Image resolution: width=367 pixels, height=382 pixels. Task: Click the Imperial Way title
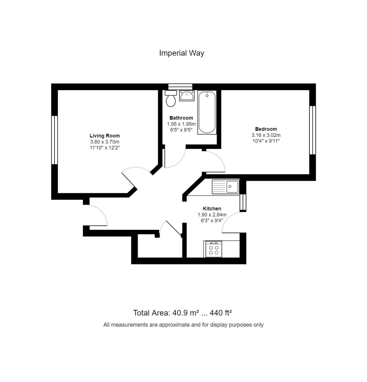click(x=182, y=53)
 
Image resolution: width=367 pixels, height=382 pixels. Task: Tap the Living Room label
click(x=105, y=136)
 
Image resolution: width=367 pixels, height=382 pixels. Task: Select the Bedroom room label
click(x=266, y=129)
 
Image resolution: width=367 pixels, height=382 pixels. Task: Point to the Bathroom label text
click(x=181, y=118)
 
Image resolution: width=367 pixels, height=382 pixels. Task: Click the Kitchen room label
click(x=212, y=209)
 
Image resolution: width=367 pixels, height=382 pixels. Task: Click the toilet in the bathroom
click(x=171, y=98)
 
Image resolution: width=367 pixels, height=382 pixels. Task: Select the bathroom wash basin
click(x=187, y=95)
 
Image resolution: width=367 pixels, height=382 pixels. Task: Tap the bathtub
click(x=207, y=112)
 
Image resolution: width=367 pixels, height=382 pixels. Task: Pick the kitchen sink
click(x=226, y=187)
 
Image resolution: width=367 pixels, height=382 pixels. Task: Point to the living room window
click(x=54, y=140)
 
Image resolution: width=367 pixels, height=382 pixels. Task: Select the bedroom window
click(x=313, y=130)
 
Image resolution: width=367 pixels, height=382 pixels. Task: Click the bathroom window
click(x=181, y=87)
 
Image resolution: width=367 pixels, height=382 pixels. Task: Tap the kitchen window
click(x=243, y=202)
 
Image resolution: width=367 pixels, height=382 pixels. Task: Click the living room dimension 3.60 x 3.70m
click(x=105, y=142)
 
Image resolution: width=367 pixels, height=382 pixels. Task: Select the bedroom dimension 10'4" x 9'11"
click(x=266, y=141)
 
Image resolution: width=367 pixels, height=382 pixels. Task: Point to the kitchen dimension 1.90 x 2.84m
click(x=212, y=215)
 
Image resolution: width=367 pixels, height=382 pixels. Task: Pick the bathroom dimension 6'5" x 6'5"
click(x=181, y=130)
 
